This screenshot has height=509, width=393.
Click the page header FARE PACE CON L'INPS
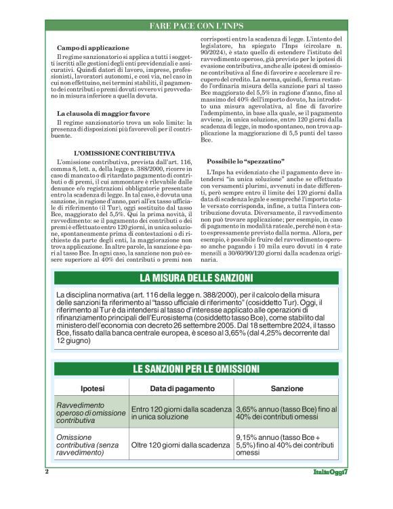pyautogui.click(x=196, y=26)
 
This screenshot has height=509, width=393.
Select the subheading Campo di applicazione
pyautogui.click(x=93, y=48)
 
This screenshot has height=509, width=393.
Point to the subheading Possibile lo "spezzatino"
pyautogui.click(x=246, y=161)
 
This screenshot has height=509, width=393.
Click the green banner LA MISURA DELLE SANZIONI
pyautogui.click(x=196, y=279)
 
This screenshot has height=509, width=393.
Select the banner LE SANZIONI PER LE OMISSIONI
pyautogui.click(x=196, y=369)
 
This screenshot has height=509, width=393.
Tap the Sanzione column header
pyautogui.click(x=287, y=388)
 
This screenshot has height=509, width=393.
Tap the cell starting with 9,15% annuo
pyautogui.click(x=285, y=445)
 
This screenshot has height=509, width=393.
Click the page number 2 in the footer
pyautogui.click(x=47, y=471)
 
